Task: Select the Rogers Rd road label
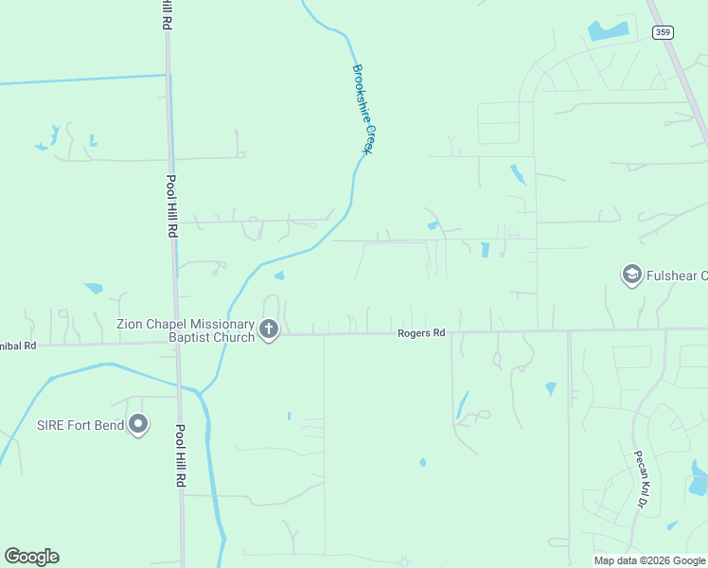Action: [421, 333]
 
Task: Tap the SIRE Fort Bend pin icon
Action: [139, 424]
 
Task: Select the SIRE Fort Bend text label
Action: [80, 425]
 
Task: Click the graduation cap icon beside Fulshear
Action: [630, 275]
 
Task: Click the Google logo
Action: [31, 557]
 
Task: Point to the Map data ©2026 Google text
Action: [649, 560]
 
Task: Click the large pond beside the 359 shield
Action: [608, 30]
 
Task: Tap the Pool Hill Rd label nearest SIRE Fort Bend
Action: [180, 455]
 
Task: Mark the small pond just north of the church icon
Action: [278, 276]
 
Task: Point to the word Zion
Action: [131, 324]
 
